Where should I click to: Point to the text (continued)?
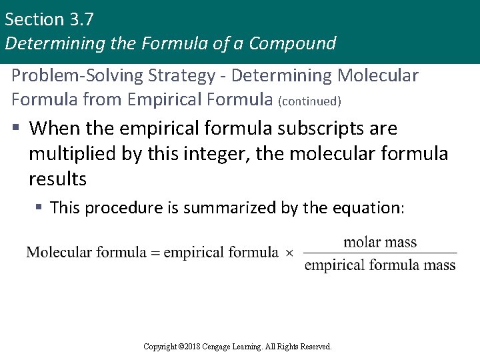pyautogui.click(x=310, y=102)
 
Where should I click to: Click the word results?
pyautogui.click(x=57, y=179)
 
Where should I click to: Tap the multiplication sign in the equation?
pyautogui.click(x=289, y=253)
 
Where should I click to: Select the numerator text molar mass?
pyautogui.click(x=380, y=241)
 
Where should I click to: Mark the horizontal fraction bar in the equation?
pyautogui.click(x=380, y=253)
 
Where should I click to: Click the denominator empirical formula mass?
pyautogui.click(x=380, y=265)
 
